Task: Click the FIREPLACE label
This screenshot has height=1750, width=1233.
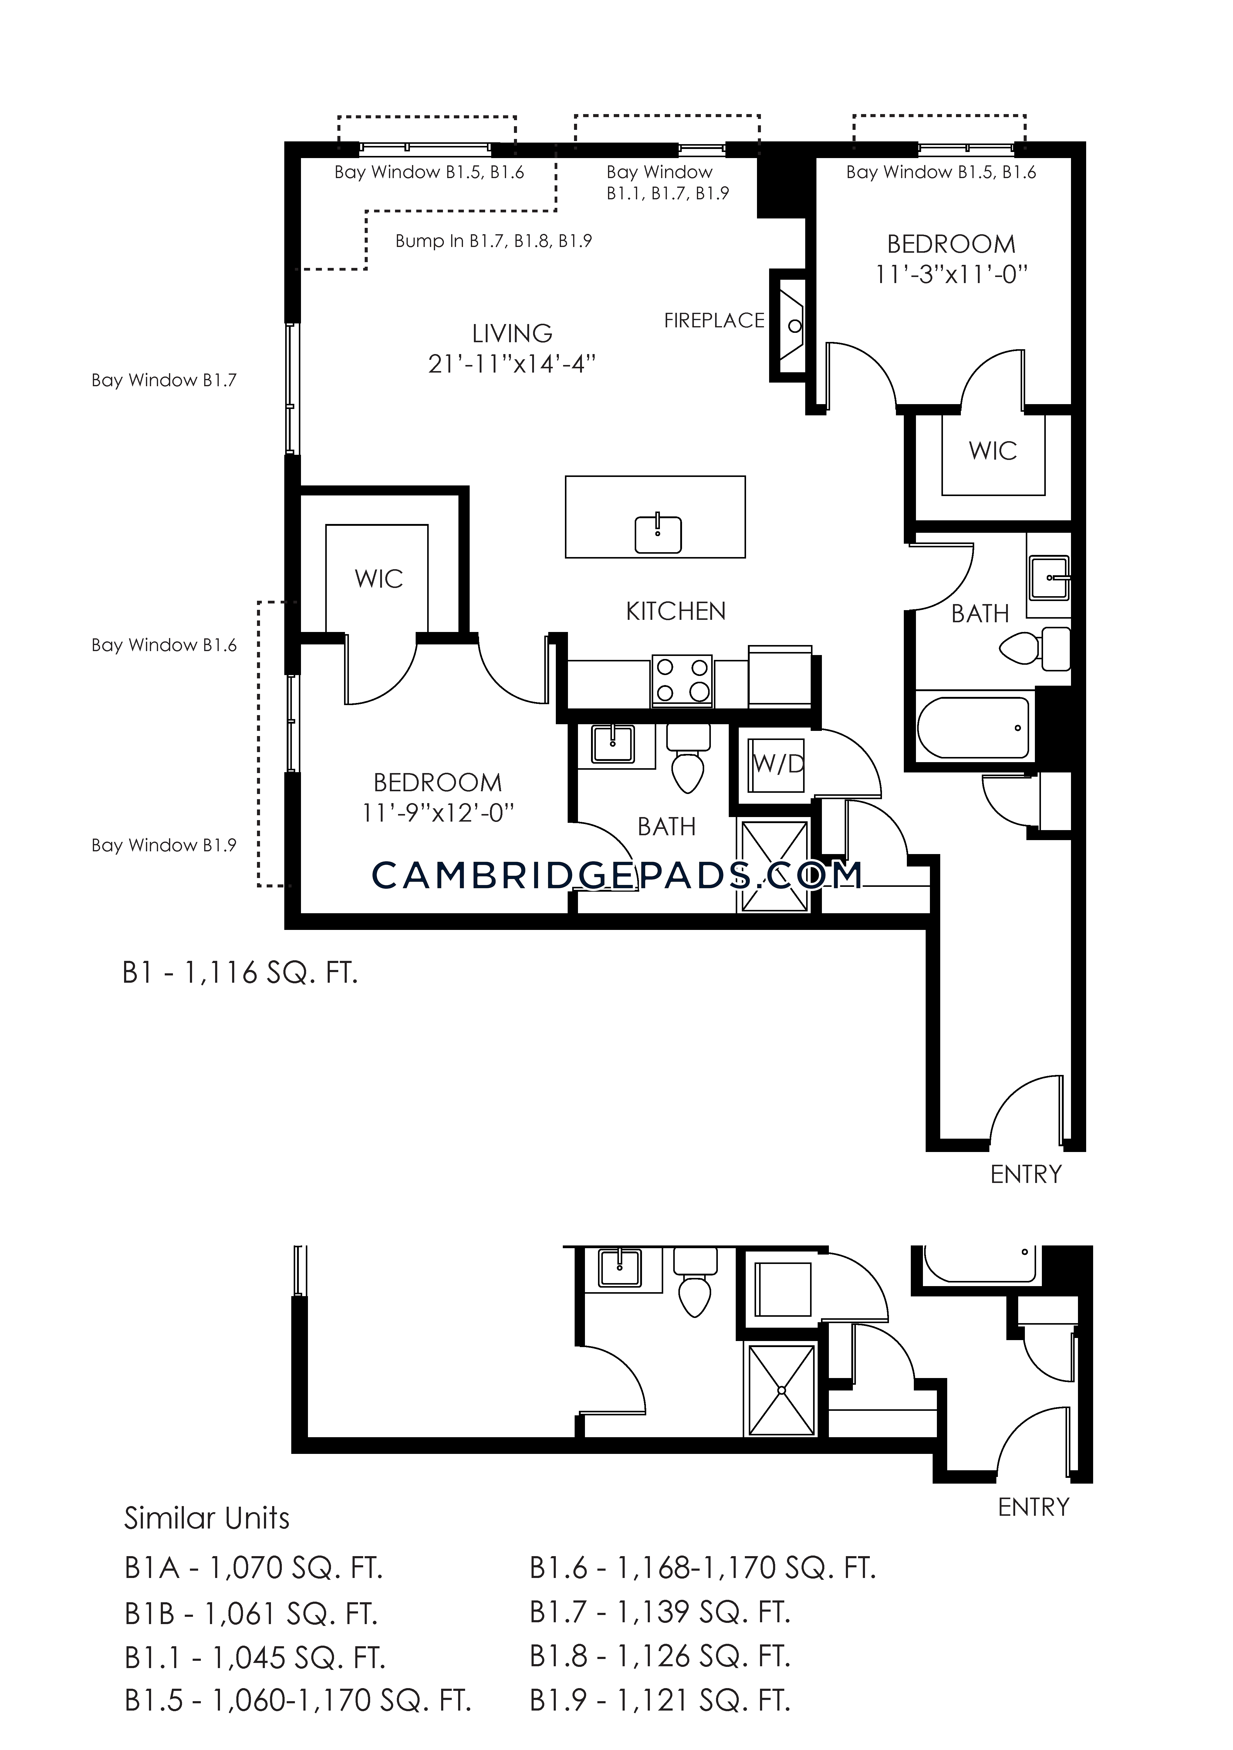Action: coord(714,321)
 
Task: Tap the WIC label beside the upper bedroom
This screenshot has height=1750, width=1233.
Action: coord(993,451)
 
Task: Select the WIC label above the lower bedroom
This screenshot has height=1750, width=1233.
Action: coord(379,579)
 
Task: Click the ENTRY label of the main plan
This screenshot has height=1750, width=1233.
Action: coord(1026,1174)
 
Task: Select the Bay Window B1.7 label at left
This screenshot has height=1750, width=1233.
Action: coord(164,380)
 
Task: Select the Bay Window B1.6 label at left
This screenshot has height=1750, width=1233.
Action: coord(164,646)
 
